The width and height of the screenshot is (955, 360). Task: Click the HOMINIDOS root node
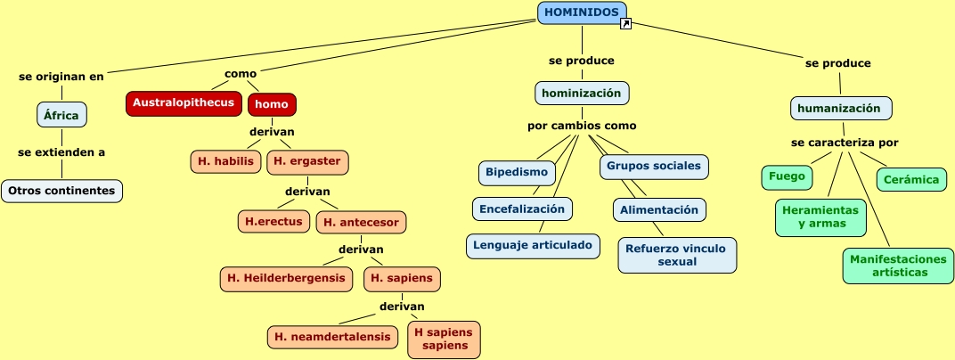click(582, 12)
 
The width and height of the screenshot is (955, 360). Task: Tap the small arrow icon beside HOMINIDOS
click(625, 24)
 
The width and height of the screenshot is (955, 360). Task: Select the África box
click(61, 115)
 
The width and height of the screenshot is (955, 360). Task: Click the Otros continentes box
click(61, 191)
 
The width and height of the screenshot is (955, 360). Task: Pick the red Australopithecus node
click(184, 103)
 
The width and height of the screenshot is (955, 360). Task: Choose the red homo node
click(272, 104)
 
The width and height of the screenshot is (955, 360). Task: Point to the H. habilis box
click(225, 161)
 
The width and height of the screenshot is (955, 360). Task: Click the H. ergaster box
click(307, 162)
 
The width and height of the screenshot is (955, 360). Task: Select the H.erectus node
click(274, 222)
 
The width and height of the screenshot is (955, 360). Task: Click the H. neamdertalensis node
click(332, 337)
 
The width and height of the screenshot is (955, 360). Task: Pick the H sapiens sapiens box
click(444, 340)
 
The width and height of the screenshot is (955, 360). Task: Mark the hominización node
click(582, 94)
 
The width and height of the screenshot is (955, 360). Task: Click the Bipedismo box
click(517, 172)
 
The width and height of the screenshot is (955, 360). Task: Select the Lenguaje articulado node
click(533, 245)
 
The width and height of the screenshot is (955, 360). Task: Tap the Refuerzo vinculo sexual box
click(677, 255)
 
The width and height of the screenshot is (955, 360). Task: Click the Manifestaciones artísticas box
click(898, 266)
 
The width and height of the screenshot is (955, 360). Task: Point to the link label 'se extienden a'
click(61, 152)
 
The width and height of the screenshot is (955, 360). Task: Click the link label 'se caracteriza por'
click(845, 143)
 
